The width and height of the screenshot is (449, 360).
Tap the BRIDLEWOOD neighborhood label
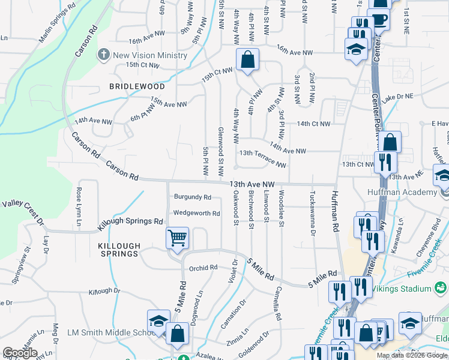(x=137, y=86)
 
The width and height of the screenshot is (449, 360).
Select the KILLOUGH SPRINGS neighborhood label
(x=119, y=250)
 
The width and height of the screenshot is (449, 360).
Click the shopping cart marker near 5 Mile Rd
(x=178, y=238)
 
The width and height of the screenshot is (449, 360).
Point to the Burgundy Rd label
(x=193, y=197)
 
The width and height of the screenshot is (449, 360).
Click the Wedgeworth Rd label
(x=197, y=213)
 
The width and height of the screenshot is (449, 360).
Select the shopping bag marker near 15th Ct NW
(x=247, y=59)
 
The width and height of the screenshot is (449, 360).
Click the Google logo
(x=20, y=353)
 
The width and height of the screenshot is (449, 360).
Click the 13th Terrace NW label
(x=263, y=158)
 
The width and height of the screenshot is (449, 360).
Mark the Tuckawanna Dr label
(x=313, y=214)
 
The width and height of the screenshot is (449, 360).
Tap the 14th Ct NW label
(x=313, y=124)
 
